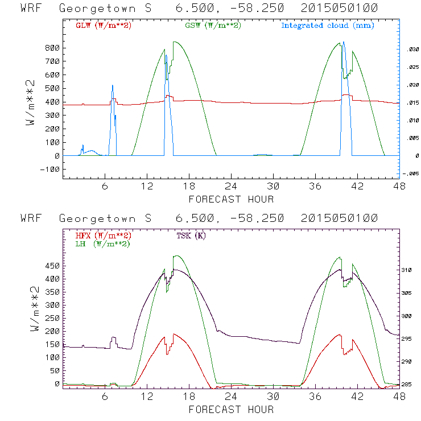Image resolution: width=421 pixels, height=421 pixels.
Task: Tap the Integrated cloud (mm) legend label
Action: tap(328, 26)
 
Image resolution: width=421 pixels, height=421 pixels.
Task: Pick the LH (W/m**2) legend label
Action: tap(102, 243)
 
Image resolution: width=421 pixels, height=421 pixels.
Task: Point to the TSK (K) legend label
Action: tap(192, 236)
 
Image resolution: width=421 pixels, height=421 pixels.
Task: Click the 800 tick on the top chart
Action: tap(52, 48)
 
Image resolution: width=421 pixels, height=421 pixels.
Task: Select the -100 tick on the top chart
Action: tap(50, 170)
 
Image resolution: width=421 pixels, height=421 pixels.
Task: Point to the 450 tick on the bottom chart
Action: tap(52, 266)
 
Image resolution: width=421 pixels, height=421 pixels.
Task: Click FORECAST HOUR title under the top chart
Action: tap(231, 199)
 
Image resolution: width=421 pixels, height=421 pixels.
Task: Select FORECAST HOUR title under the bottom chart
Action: tap(231, 409)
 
